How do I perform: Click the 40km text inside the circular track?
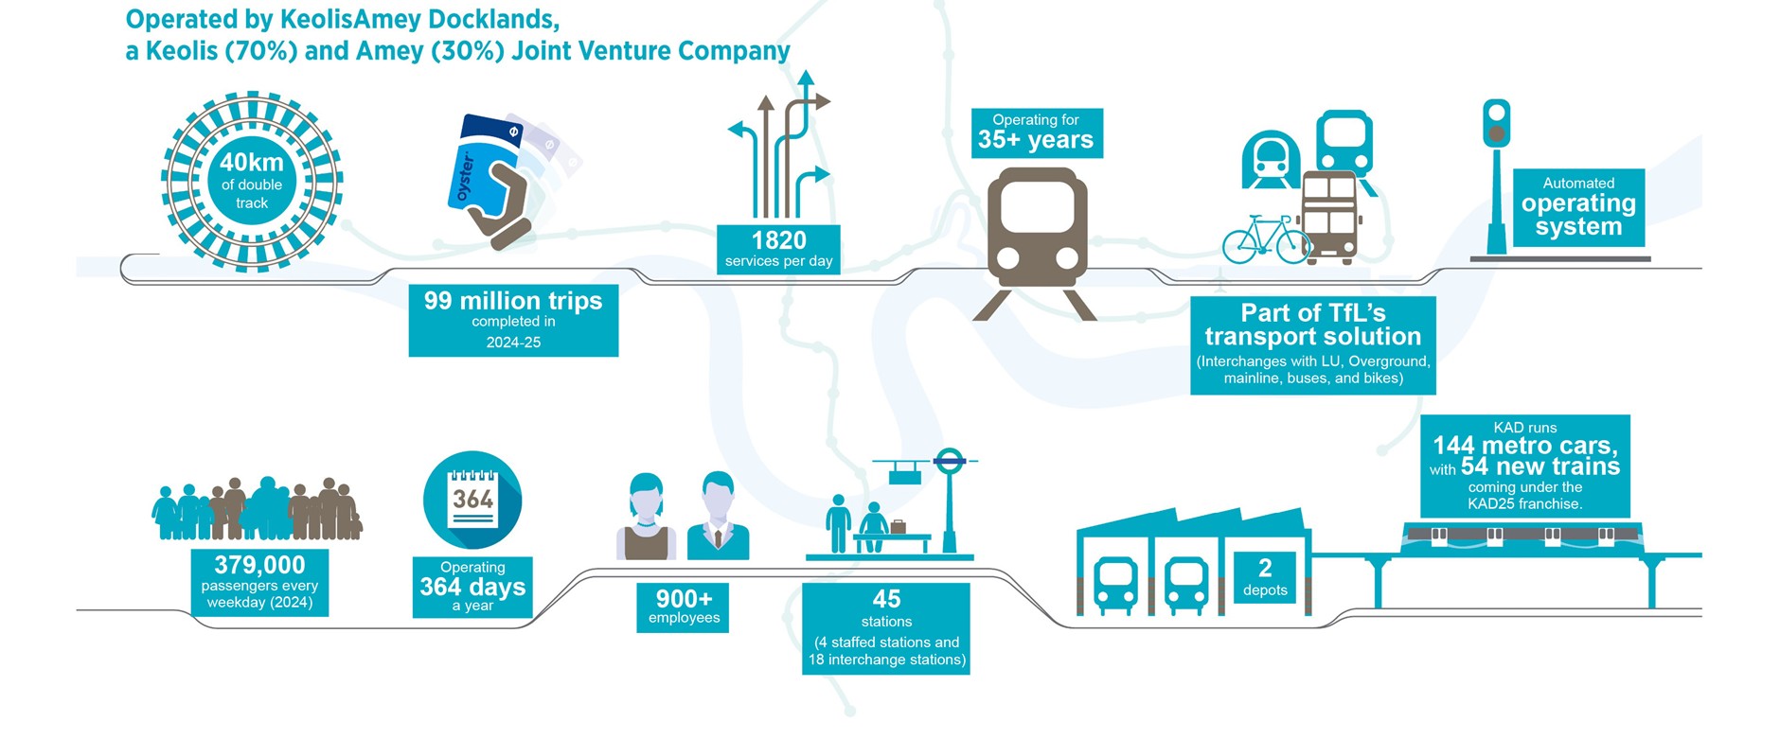coord(252,163)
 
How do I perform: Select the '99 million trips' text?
coord(513,302)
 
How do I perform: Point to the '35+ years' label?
coord(1036,140)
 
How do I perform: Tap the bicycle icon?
coord(1265,240)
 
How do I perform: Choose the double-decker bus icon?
coord(1328,216)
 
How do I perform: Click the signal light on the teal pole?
coord(1496,124)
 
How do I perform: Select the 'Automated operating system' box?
coord(1578,207)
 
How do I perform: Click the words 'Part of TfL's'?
coord(1312,313)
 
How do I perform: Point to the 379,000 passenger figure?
coord(259,566)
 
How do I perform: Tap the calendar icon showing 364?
coord(472,500)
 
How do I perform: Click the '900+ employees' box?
coord(683,607)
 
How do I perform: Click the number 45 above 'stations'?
coord(886,599)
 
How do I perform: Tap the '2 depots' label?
coord(1265,577)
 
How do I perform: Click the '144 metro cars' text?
coord(1524,446)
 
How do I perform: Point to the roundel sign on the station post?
coord(949,462)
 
